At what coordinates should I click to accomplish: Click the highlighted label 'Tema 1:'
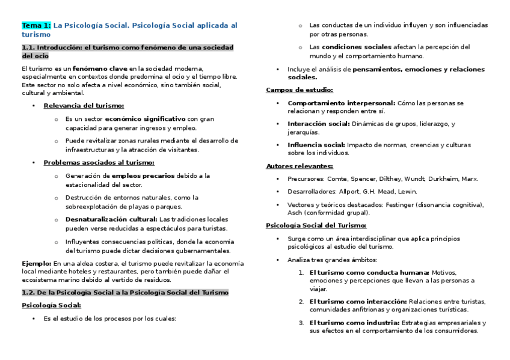coord(36,25)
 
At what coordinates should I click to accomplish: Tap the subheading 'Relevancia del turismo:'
coord(84,106)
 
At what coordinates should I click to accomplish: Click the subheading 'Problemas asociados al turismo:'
coord(99,162)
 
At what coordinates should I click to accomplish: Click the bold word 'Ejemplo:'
coord(36,263)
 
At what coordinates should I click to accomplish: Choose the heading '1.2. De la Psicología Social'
coord(125,292)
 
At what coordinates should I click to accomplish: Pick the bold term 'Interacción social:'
coord(318,124)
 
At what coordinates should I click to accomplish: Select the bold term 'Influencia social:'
coord(316,145)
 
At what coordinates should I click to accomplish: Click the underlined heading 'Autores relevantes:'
coord(300,166)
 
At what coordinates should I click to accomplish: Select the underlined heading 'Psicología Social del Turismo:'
coord(316,225)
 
